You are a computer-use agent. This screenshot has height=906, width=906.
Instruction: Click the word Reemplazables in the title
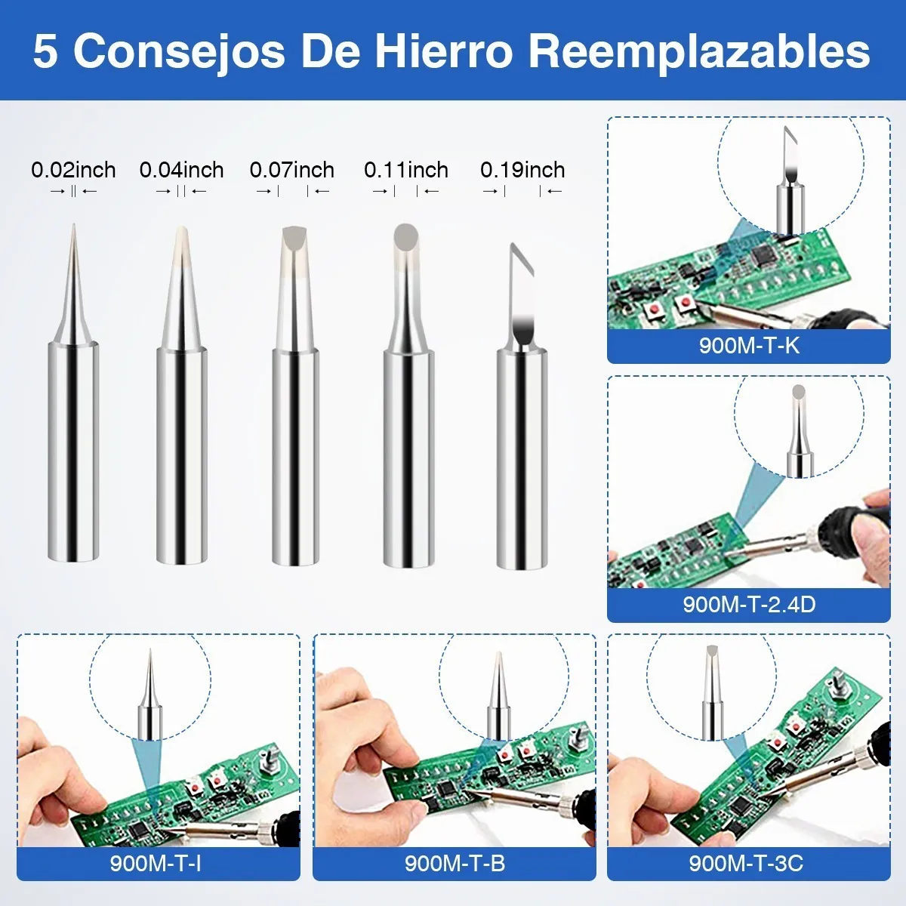[700, 53]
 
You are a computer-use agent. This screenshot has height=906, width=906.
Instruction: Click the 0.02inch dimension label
[73, 170]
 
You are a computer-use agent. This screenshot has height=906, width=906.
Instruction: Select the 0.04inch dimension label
[181, 170]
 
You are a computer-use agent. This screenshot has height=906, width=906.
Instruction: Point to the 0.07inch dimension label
[292, 170]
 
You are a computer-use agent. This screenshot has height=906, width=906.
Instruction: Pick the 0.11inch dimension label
[406, 170]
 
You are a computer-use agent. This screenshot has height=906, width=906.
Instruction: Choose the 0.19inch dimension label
[522, 170]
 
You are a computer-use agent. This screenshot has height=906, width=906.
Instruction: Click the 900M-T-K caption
[749, 346]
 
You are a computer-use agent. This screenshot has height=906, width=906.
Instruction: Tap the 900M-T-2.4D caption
[749, 604]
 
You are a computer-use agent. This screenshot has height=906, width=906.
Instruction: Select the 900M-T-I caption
[156, 863]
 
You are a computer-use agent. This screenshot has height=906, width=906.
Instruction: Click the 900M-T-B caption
[455, 863]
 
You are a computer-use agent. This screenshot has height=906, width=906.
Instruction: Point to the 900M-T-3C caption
[746, 863]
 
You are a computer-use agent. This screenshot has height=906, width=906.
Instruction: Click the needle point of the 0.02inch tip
[73, 225]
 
